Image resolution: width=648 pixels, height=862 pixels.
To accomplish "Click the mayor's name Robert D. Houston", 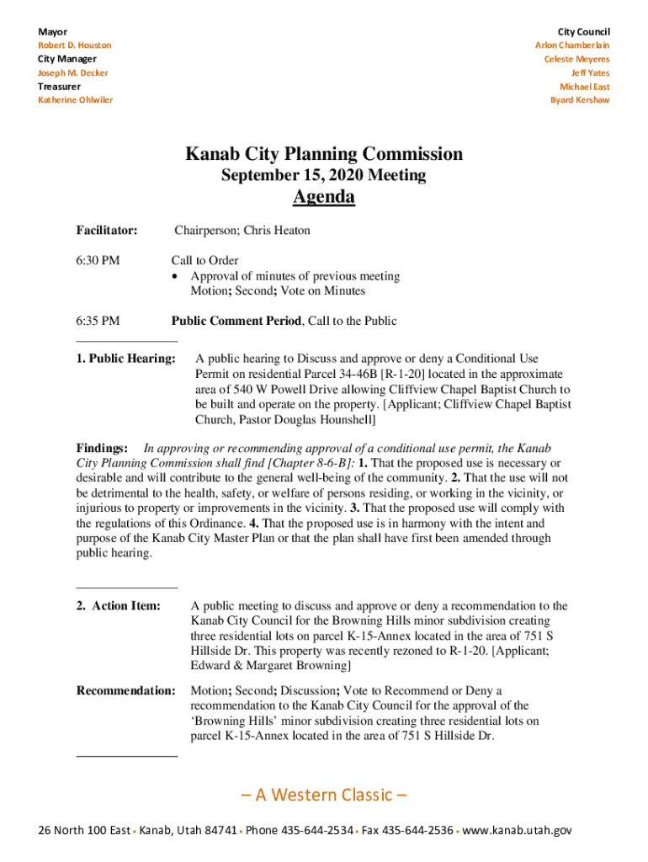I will tap(74, 45).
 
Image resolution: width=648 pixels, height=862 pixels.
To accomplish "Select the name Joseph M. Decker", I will tap(72, 72).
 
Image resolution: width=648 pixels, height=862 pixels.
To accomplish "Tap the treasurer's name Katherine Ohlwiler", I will tap(75, 100).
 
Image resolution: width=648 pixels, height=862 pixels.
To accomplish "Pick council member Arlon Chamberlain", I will tap(572, 45).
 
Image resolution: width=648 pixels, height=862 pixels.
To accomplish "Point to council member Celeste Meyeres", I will tap(576, 59).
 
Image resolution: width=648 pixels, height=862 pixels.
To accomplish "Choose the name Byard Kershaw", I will tap(580, 100).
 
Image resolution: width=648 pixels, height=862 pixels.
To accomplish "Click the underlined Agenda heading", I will tap(324, 197).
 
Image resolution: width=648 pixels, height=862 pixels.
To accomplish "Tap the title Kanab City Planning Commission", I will tap(324, 154).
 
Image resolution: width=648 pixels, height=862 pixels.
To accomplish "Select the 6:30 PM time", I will tap(98, 261).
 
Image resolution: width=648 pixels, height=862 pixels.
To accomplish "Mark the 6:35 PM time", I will tap(98, 321).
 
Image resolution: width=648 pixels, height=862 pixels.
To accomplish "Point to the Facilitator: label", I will tap(107, 231).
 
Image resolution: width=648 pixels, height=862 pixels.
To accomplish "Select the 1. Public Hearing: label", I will tap(126, 359).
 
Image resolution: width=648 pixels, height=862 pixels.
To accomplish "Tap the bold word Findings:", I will tap(102, 449).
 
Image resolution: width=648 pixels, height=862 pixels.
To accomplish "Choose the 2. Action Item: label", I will tap(119, 606).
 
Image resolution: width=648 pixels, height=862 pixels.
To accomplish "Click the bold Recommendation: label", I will tap(126, 691).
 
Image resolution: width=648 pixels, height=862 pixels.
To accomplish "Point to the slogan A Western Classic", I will tap(324, 795).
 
